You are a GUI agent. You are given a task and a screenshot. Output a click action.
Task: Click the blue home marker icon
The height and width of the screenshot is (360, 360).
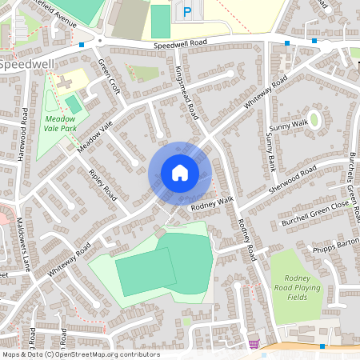pos(180,172)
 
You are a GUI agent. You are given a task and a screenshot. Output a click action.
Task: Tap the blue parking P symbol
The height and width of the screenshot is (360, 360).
pos(187,12)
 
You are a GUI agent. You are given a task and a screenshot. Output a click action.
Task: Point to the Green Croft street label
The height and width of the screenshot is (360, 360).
pos(108,76)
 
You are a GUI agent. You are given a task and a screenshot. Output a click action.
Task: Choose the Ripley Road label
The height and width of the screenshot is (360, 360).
pos(103,185)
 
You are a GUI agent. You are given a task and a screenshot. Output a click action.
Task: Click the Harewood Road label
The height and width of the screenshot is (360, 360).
pos(25,134)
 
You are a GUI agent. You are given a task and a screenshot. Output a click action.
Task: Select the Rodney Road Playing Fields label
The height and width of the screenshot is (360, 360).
pos(298,287)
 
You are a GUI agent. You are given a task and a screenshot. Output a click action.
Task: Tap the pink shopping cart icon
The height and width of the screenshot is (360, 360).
pos(254,344)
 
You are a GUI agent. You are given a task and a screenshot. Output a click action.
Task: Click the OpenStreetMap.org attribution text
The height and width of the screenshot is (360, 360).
pos(104,354)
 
